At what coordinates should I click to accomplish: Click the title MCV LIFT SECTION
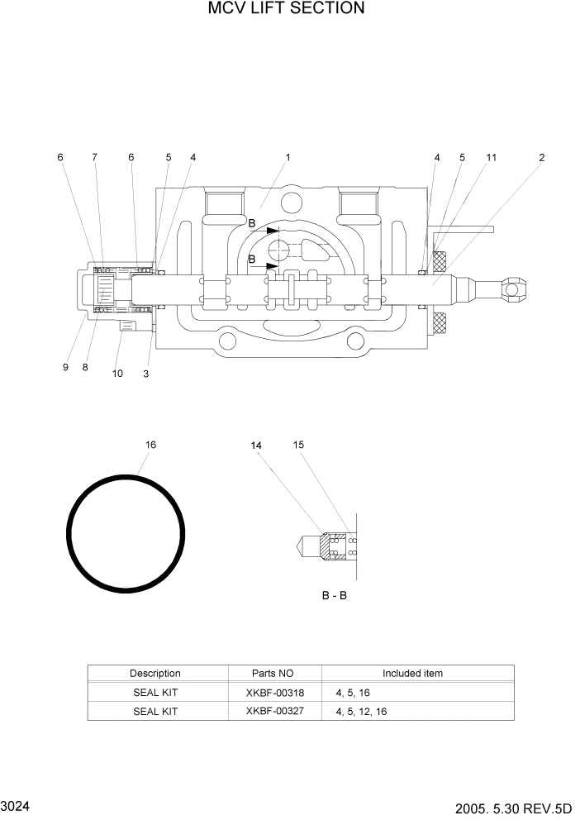(286, 9)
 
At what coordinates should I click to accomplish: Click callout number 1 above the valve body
(288, 157)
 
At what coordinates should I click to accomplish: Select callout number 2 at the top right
(541, 157)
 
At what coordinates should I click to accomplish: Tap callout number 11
(491, 157)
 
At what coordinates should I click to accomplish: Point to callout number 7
(94, 157)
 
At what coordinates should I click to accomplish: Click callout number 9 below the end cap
(65, 368)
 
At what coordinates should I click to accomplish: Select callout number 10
(117, 374)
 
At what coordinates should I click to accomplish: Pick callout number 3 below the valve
(145, 374)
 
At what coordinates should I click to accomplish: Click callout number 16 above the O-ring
(150, 445)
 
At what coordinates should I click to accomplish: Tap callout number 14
(256, 446)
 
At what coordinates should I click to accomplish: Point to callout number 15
(298, 445)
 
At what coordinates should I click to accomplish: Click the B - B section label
(334, 595)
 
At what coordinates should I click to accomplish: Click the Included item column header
(411, 674)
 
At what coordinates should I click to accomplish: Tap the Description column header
(155, 674)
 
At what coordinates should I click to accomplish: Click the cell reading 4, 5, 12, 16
(361, 712)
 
